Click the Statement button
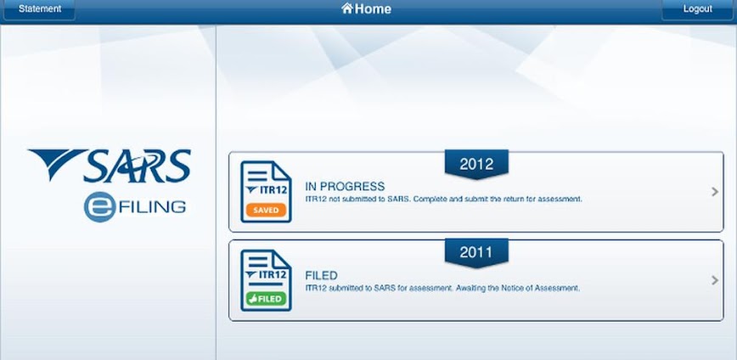click(x=39, y=9)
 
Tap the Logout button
click(x=698, y=9)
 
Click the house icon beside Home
click(x=347, y=8)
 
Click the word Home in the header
click(x=374, y=8)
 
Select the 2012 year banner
click(x=476, y=164)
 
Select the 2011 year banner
click(x=476, y=253)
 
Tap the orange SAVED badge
click(x=266, y=210)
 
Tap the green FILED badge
click(x=266, y=299)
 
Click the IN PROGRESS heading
click(x=345, y=187)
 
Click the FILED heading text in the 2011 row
click(x=322, y=275)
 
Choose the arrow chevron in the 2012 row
click(x=715, y=192)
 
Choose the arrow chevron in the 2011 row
click(x=715, y=280)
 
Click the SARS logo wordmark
click(x=137, y=166)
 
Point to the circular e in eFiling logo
click(x=99, y=207)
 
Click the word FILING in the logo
click(x=152, y=207)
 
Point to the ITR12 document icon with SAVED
click(x=266, y=192)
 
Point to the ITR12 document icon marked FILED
click(x=266, y=280)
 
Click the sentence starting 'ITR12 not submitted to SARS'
click(x=444, y=200)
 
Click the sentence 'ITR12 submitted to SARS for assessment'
click(x=442, y=288)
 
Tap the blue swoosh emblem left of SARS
click(x=56, y=163)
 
